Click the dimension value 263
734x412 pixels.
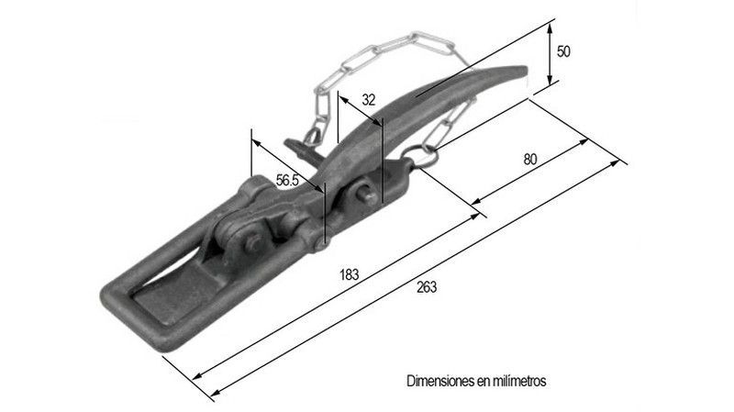tap(426, 286)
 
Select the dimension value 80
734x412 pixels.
tap(529, 159)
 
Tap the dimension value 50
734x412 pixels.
tap(564, 51)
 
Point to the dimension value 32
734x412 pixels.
tap(368, 99)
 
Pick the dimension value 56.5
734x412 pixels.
tap(288, 181)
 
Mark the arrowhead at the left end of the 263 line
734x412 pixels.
tap(215, 395)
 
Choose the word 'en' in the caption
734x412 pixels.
tap(484, 379)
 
